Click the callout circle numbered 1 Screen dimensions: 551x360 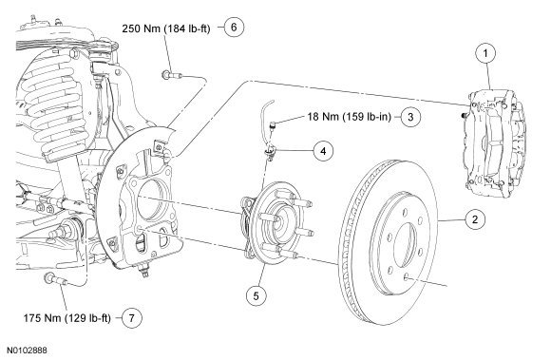[x=485, y=53]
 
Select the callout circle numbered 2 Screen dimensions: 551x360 [x=475, y=219]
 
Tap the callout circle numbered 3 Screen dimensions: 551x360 [x=410, y=116]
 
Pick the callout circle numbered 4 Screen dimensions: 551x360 [x=323, y=151]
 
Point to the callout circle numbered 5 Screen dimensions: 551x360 [x=256, y=295]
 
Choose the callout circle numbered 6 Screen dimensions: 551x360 [x=234, y=27]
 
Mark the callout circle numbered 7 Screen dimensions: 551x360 [x=132, y=318]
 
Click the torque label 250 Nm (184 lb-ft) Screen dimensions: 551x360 [x=166, y=28]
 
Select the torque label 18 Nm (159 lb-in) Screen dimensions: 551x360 [x=350, y=117]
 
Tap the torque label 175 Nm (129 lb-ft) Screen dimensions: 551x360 [x=67, y=318]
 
